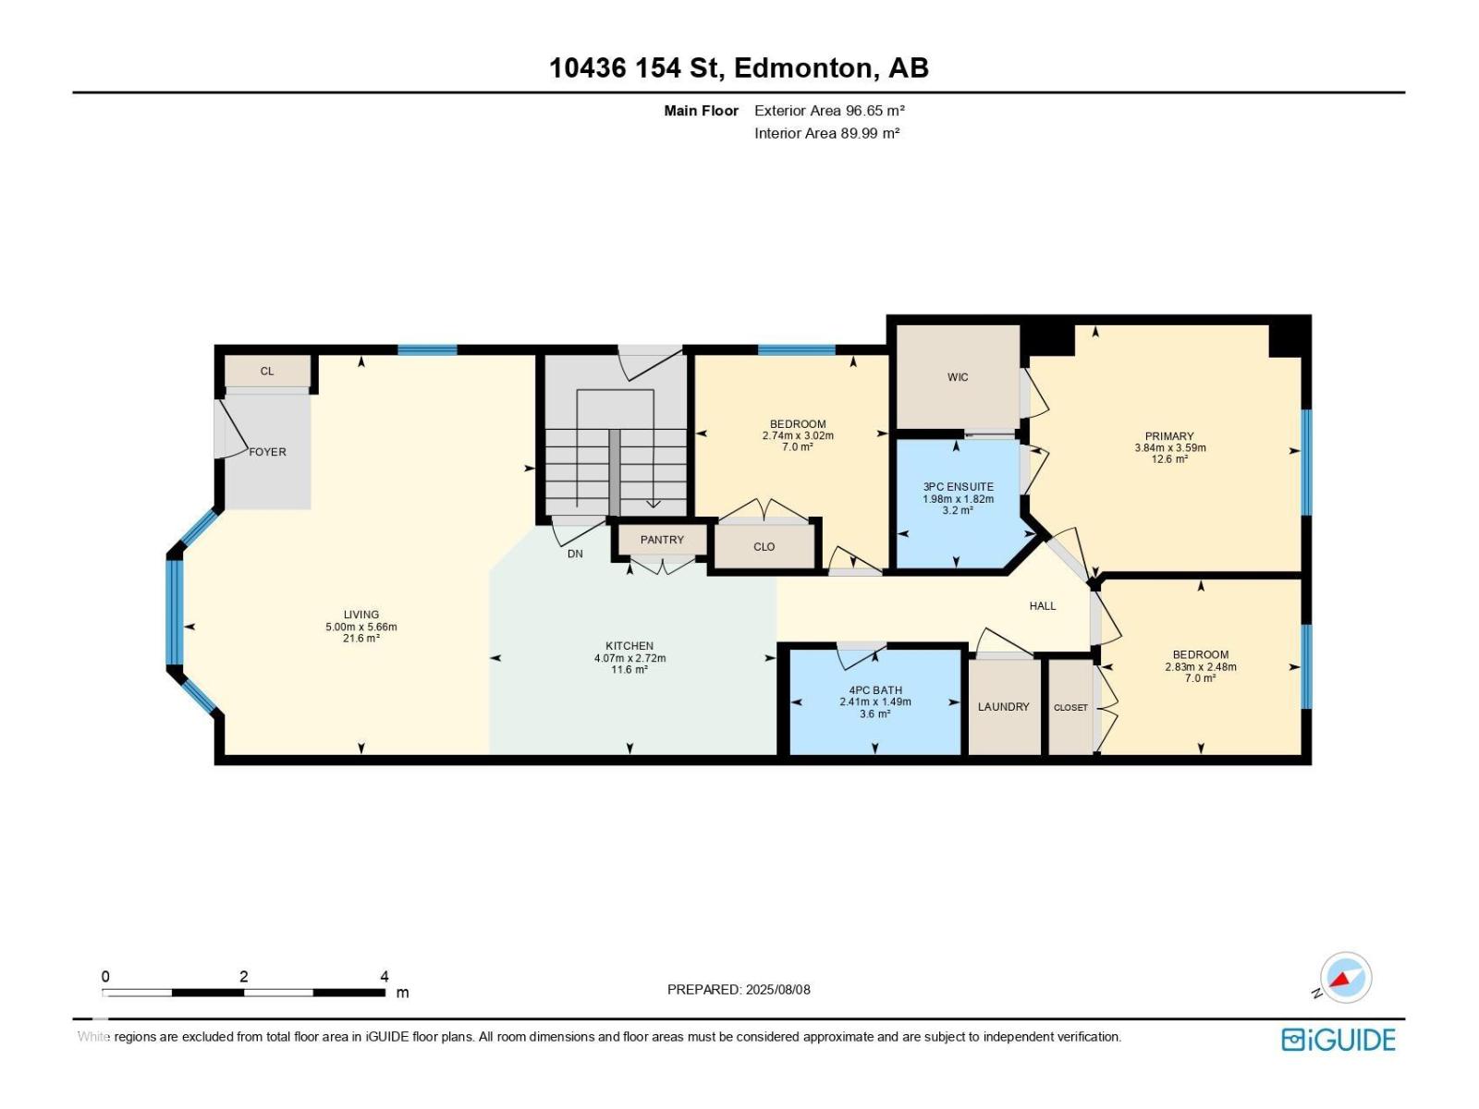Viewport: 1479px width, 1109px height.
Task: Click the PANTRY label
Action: click(x=662, y=540)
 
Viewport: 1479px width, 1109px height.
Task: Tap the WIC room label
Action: click(x=958, y=377)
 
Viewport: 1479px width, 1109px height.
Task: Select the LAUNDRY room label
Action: click(x=1003, y=707)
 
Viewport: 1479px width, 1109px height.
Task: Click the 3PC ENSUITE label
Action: click(x=958, y=487)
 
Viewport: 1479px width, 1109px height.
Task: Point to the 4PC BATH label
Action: click(x=874, y=690)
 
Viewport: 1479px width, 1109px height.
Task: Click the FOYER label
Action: click(x=267, y=452)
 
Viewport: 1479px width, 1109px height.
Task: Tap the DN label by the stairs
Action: click(x=575, y=554)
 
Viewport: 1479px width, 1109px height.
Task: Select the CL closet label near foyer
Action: click(x=266, y=372)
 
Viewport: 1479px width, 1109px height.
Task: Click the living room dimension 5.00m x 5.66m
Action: click(x=361, y=627)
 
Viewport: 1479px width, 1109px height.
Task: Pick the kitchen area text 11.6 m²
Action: click(x=629, y=670)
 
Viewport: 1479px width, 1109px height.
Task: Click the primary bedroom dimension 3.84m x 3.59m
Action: click(x=1169, y=448)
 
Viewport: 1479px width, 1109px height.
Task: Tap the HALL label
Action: click(x=1042, y=606)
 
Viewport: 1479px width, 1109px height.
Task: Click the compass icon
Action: click(x=1345, y=978)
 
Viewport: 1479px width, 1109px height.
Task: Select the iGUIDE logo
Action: click(x=1338, y=1040)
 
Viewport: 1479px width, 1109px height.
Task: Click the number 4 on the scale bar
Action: click(x=385, y=977)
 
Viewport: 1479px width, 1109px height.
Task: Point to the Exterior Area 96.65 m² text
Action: click(x=828, y=111)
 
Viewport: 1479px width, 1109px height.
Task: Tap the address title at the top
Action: click(x=739, y=68)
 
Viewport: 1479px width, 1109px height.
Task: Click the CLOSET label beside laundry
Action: click(x=1070, y=708)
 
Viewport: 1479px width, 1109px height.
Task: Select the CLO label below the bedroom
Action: click(x=764, y=547)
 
